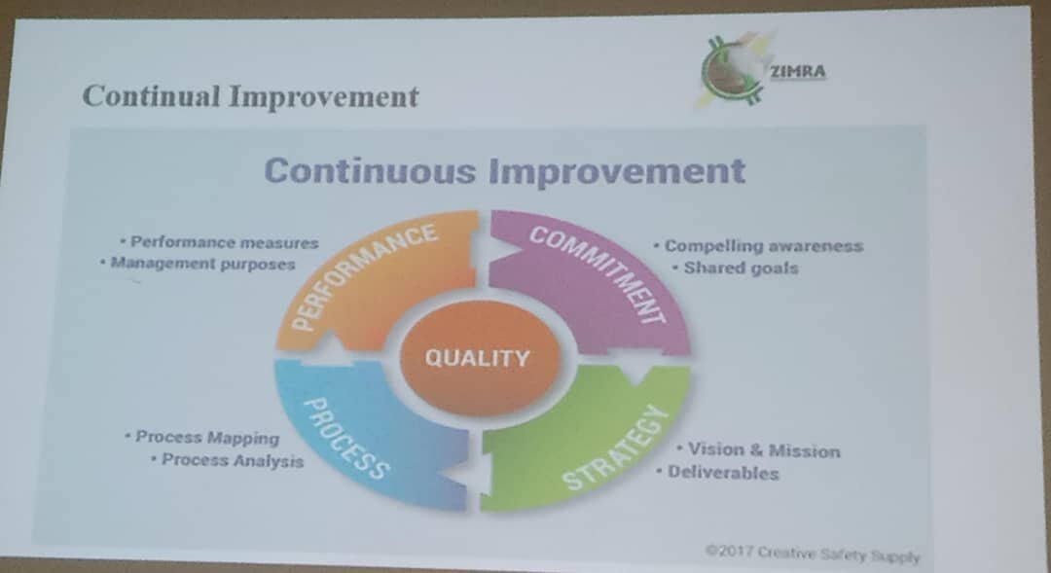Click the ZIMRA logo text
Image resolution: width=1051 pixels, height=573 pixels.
pyautogui.click(x=798, y=71)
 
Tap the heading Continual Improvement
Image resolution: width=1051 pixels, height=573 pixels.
pyautogui.click(x=251, y=96)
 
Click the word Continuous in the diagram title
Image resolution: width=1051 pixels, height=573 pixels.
pyautogui.click(x=371, y=170)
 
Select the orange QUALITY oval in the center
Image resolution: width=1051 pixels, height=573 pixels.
pyautogui.click(x=479, y=357)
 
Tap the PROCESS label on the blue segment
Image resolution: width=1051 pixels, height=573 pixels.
pyautogui.click(x=345, y=439)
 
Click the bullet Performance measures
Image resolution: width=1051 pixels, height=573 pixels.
pyautogui.click(x=219, y=242)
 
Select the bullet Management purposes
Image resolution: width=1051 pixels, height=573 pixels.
pyautogui.click(x=198, y=264)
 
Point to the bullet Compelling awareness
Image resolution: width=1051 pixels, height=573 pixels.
pyautogui.click(x=759, y=246)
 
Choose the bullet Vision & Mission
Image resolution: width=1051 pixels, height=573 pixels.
pyautogui.click(x=759, y=449)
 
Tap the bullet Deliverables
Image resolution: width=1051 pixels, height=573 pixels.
pyautogui.click(x=718, y=473)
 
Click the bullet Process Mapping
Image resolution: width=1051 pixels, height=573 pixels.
pyautogui.click(x=201, y=437)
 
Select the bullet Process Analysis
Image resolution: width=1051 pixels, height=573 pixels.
pyautogui.click(x=227, y=460)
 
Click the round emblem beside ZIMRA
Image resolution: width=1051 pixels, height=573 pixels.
pyautogui.click(x=733, y=70)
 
